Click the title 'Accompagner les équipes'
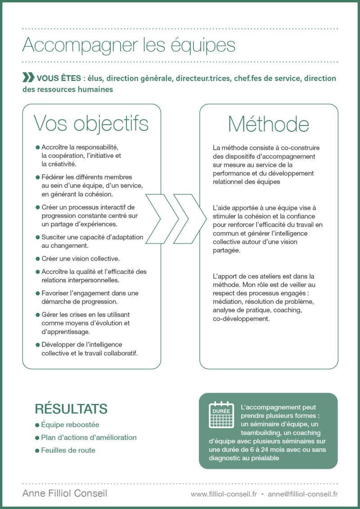coord(129,45)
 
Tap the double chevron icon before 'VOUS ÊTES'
coord(28,77)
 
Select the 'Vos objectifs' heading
coord(91,123)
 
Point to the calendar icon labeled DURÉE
coord(221,415)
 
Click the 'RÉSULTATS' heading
coord(71,409)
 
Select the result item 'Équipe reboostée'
coord(70,424)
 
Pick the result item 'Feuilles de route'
coord(68,450)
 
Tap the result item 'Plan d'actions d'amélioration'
coord(89,437)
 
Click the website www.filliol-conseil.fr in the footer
coord(224,494)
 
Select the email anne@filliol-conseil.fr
coord(303,494)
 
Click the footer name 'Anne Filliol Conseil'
coord(65,493)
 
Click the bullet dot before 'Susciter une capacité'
coord(37,237)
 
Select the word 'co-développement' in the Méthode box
coord(241,318)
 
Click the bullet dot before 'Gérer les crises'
coord(37,315)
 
